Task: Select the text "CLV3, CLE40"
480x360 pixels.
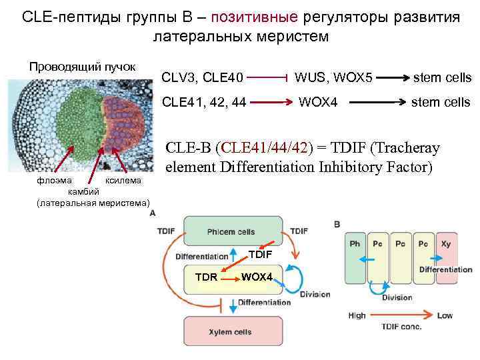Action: tap(203, 78)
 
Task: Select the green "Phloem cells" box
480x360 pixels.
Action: tap(231, 231)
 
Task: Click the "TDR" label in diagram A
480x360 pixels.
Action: tap(206, 276)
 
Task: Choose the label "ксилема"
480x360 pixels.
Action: tap(123, 180)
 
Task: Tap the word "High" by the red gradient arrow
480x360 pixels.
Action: tap(357, 315)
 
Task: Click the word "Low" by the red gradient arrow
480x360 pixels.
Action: tap(445, 315)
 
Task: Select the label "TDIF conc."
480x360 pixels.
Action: tap(401, 327)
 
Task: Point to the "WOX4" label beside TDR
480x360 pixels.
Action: tap(257, 276)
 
